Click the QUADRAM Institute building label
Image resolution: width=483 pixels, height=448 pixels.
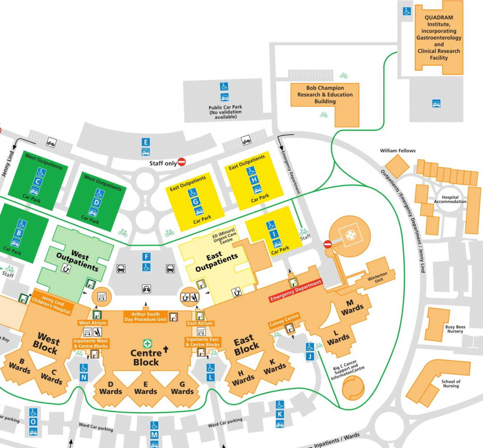(x=439, y=38)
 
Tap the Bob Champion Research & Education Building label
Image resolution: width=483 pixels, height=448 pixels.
(x=325, y=95)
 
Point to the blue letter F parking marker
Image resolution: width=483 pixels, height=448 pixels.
(x=147, y=257)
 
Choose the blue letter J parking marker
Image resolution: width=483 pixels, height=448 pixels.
(x=310, y=357)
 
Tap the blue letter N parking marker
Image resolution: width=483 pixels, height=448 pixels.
(x=84, y=377)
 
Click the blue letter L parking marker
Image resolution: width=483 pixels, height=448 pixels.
(x=210, y=377)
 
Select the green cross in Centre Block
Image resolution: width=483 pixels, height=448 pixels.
(x=147, y=343)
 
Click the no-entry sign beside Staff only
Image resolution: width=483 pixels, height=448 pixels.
(x=182, y=162)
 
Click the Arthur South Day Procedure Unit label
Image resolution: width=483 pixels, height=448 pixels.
(x=145, y=316)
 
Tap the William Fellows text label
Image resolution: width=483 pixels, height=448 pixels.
(x=398, y=151)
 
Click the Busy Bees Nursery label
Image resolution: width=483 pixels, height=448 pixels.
(x=454, y=329)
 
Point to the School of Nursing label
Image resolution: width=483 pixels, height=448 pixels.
(x=451, y=384)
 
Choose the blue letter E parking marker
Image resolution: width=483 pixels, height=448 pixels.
(x=146, y=142)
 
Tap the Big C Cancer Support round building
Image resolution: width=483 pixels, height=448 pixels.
(x=352, y=389)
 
